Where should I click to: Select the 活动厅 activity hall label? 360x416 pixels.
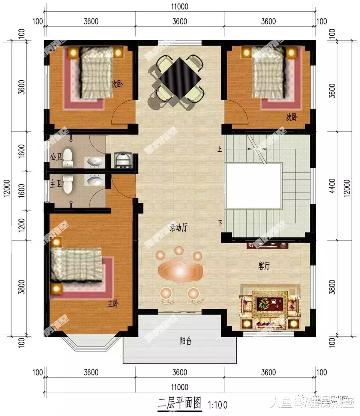179,228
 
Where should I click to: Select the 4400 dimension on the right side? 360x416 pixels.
333,186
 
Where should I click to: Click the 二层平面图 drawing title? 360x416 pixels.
180,404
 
